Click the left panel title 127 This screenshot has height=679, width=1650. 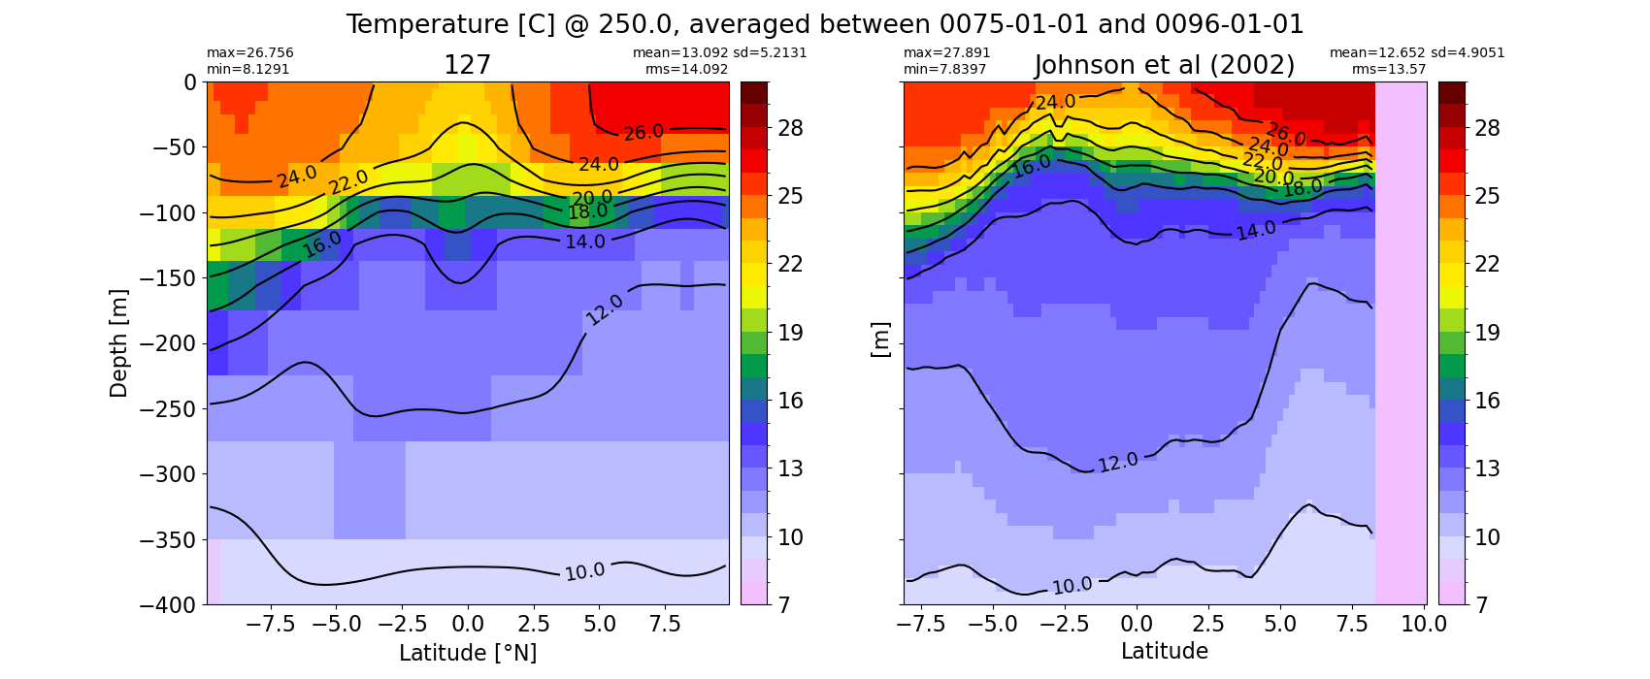(467, 66)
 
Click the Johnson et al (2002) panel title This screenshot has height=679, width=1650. (1165, 66)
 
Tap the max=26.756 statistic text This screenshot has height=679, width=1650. (249, 53)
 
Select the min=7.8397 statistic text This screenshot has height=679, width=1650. (945, 69)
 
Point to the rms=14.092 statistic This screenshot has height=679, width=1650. (686, 69)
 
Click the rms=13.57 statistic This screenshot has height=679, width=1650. (1389, 69)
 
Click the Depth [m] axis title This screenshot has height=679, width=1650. (118, 343)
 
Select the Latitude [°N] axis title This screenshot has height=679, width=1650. (468, 653)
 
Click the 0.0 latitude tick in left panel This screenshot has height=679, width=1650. (467, 625)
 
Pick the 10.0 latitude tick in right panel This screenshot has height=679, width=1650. (1424, 625)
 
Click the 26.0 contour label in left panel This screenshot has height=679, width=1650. (643, 133)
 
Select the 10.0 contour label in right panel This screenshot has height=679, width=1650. (1072, 586)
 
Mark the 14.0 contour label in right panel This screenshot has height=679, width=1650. (1256, 231)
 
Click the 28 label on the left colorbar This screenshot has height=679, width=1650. (790, 129)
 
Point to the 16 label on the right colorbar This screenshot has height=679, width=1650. (1487, 402)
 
